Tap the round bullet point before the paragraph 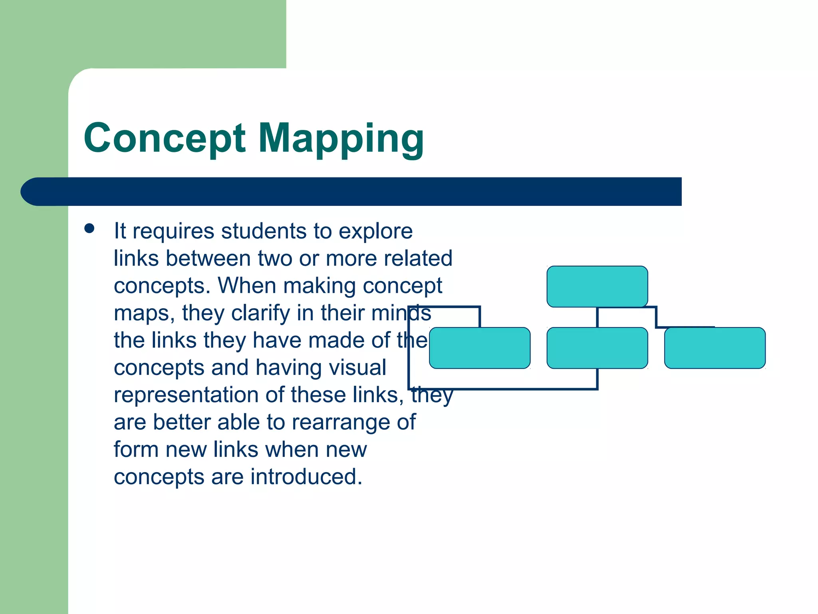(x=89, y=229)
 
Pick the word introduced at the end (x=306, y=477)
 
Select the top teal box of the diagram (x=597, y=287)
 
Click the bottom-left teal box (x=480, y=348)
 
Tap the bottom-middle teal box (x=597, y=348)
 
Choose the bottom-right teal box (x=715, y=348)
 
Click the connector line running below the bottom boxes (x=503, y=388)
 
